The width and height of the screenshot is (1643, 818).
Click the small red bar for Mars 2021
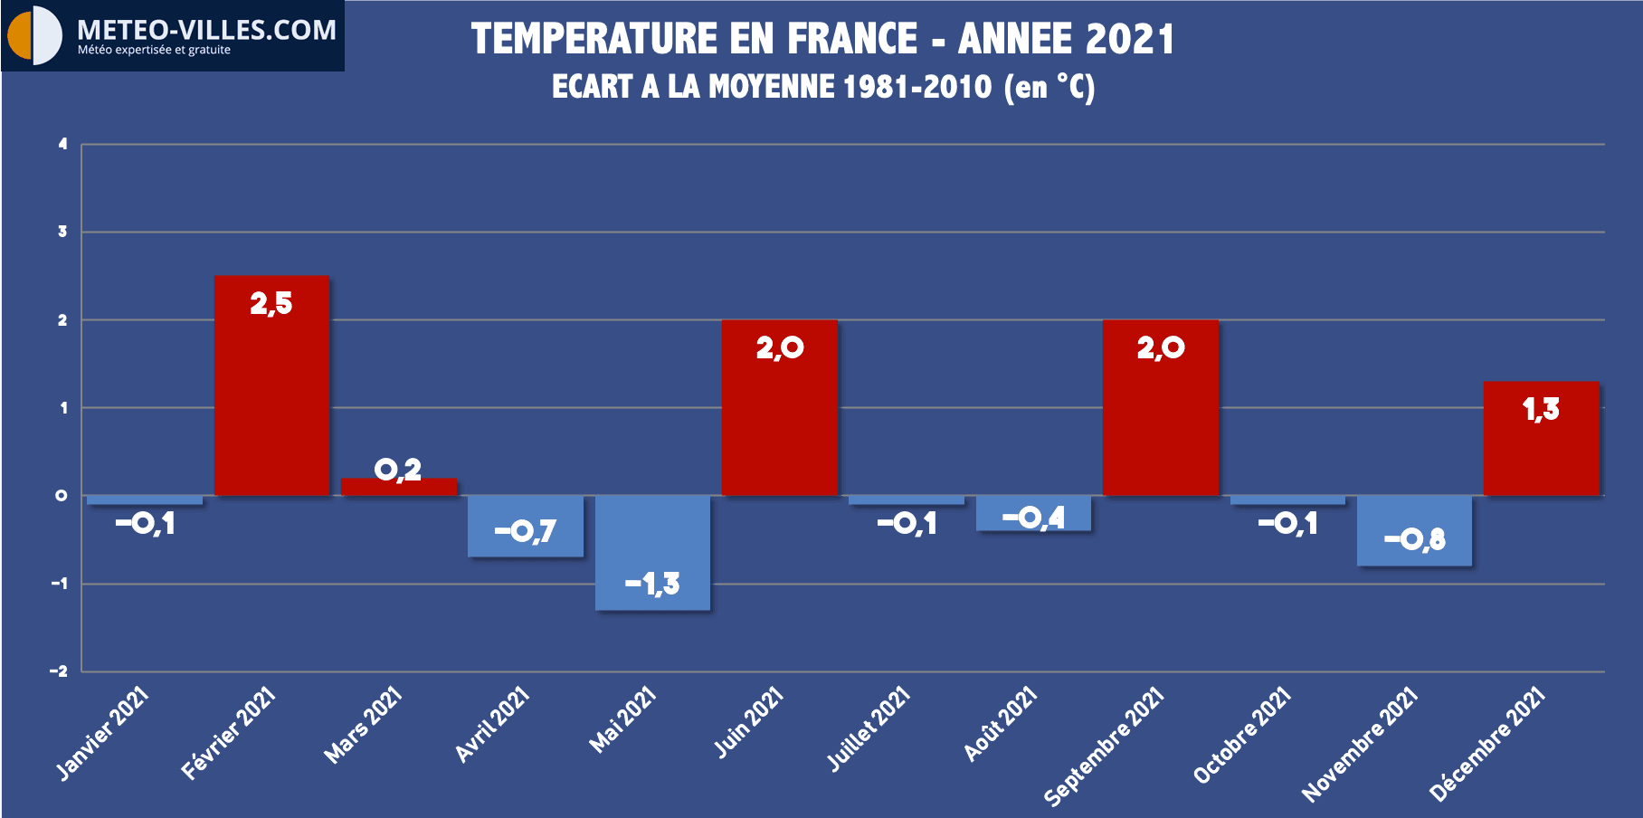click(399, 487)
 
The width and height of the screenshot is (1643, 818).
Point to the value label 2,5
click(271, 304)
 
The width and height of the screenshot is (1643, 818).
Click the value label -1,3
click(652, 585)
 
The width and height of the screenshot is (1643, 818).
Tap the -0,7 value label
click(525, 531)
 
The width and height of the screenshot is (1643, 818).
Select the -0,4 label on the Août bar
click(1033, 518)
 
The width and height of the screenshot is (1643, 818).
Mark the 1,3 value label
click(1541, 410)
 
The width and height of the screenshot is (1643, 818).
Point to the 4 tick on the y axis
click(62, 144)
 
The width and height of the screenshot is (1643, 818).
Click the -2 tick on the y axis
click(59, 671)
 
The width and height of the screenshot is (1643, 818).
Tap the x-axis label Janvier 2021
click(102, 733)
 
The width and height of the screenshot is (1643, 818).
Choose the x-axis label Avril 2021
click(491, 725)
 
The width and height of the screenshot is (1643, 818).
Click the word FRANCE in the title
click(852, 39)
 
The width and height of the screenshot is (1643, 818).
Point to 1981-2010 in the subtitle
click(916, 87)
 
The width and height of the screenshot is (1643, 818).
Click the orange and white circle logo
click(34, 35)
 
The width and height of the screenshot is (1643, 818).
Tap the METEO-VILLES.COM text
click(206, 30)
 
